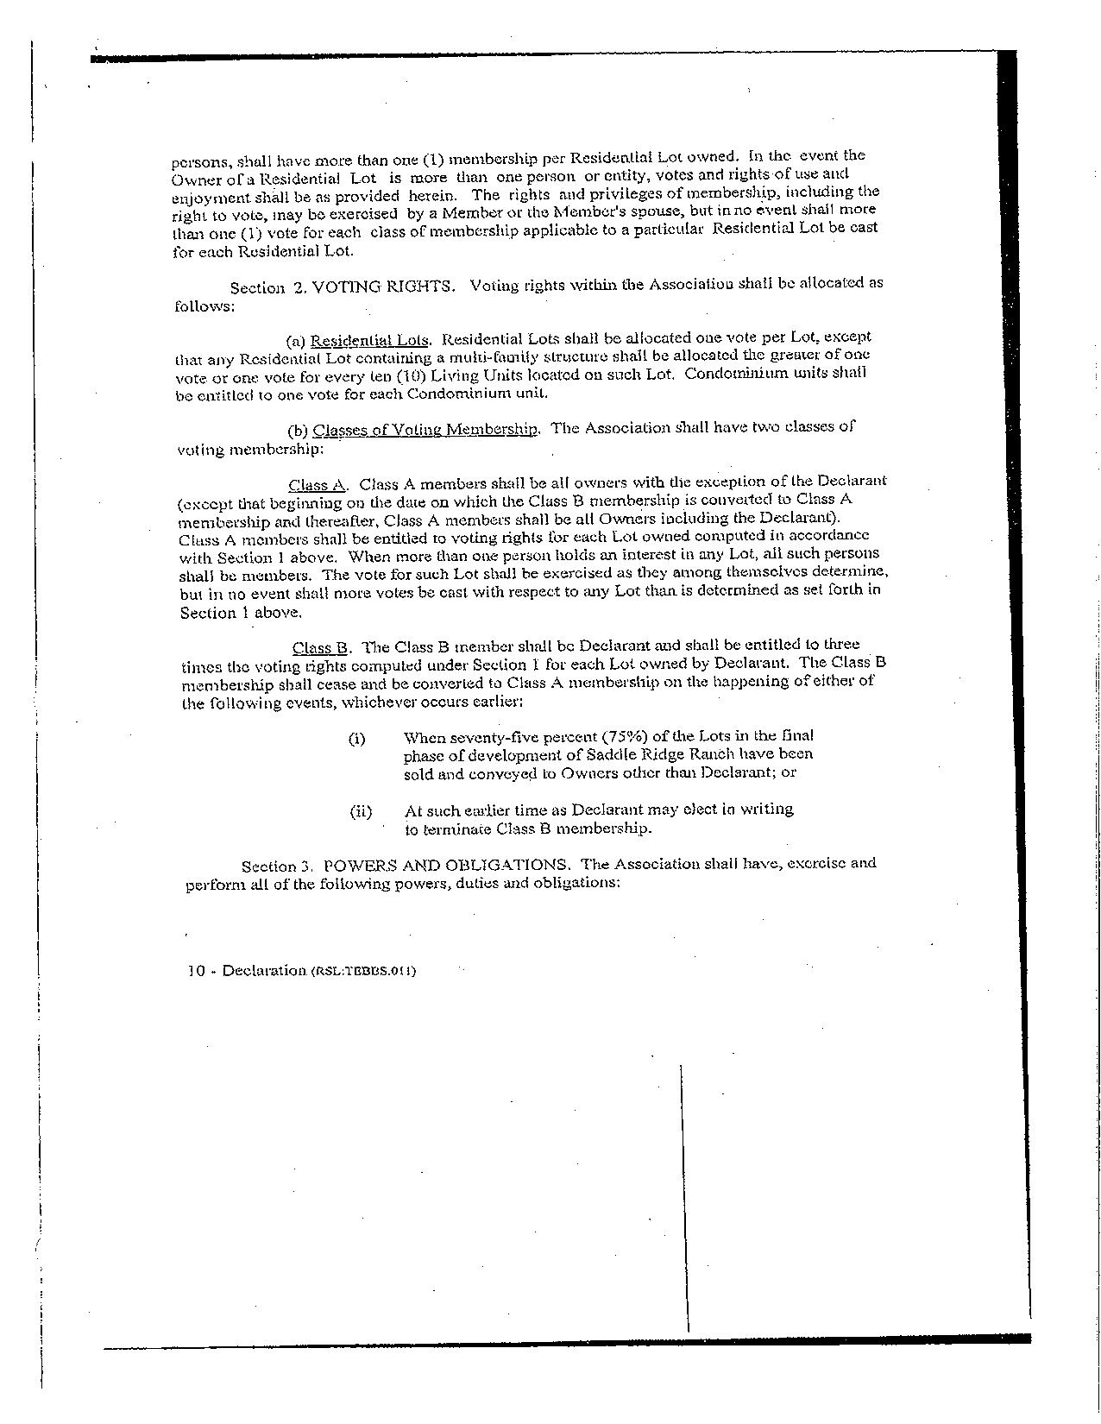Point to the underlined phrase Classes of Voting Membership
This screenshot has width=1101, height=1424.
coord(426,429)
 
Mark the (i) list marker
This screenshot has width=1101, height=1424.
coord(357,739)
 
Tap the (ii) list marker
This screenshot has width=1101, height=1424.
coord(360,811)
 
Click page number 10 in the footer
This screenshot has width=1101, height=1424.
coord(196,970)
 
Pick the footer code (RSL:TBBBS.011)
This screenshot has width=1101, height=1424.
coord(363,971)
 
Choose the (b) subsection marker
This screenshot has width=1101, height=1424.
coord(298,430)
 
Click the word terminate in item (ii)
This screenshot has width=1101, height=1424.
coord(456,829)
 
